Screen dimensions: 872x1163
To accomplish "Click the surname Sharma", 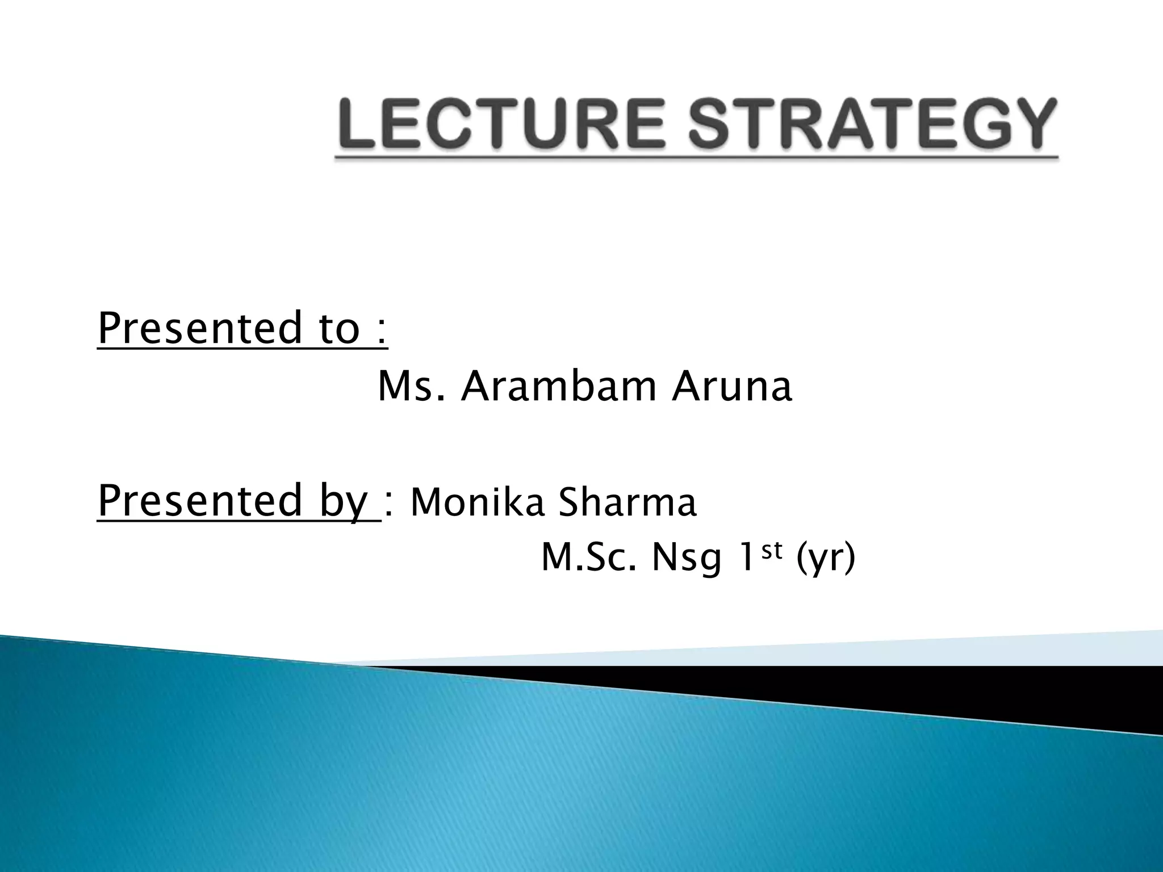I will point(627,502).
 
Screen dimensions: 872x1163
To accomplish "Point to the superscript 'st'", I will point(772,549).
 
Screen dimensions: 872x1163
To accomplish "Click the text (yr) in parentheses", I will point(826,559).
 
